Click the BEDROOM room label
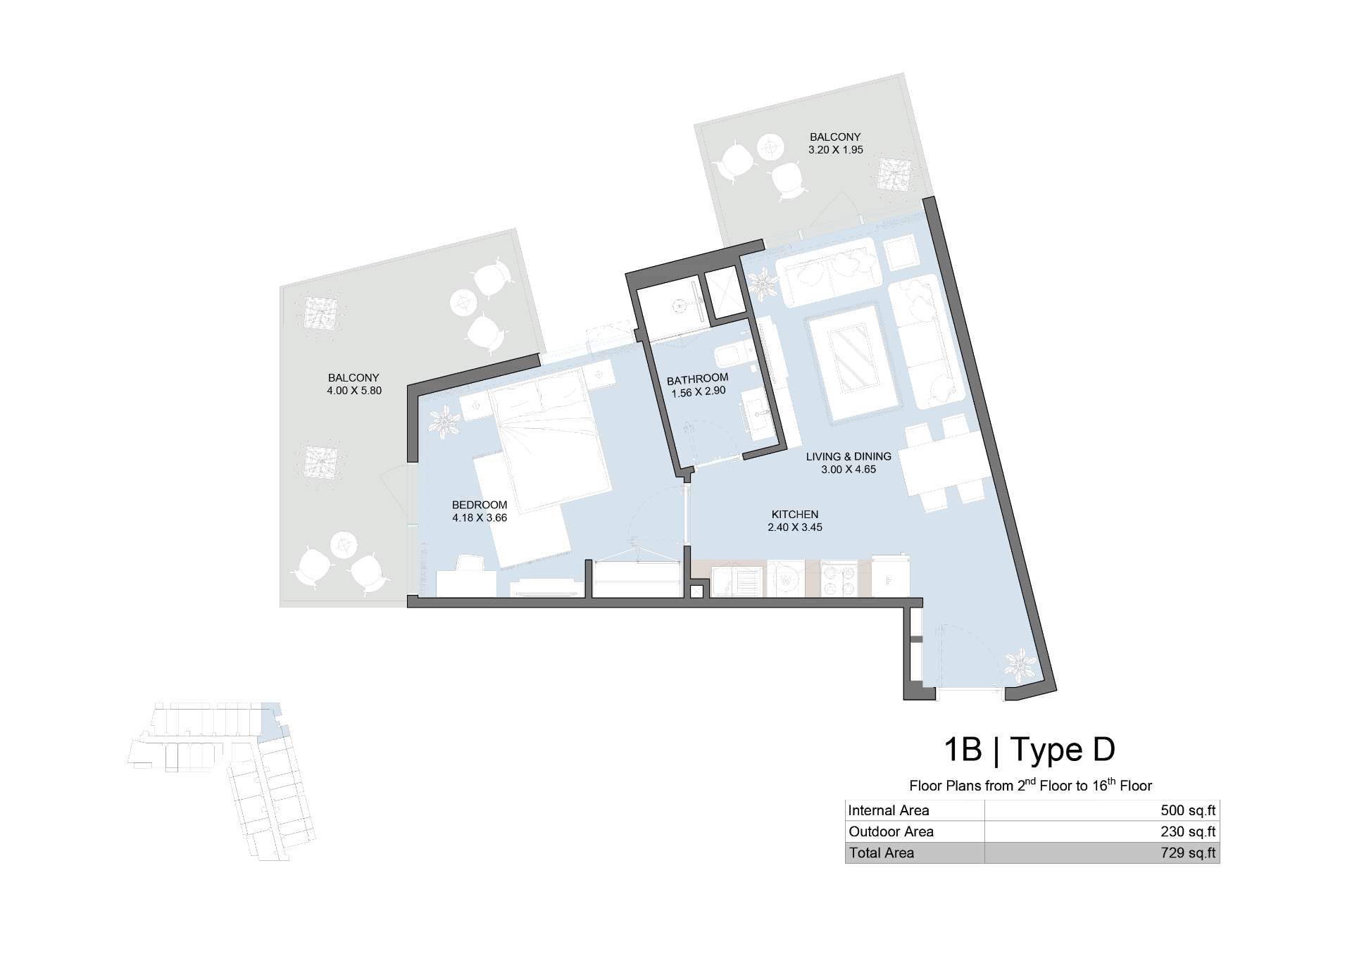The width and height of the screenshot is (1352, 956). (x=480, y=505)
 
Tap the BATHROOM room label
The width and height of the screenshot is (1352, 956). (x=698, y=379)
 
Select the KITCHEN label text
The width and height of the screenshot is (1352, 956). (x=795, y=515)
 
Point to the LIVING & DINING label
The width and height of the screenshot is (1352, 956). (x=849, y=456)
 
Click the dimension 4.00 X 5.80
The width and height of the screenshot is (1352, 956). (x=354, y=391)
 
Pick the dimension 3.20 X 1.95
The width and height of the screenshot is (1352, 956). (x=836, y=150)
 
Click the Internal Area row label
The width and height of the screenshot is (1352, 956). (x=889, y=810)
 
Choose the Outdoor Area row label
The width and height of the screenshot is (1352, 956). (x=891, y=831)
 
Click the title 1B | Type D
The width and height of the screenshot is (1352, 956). (x=1029, y=750)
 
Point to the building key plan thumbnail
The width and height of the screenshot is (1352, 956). (x=222, y=781)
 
